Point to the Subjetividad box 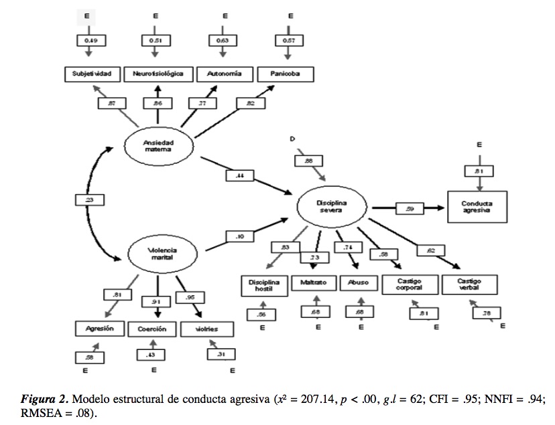coord(93,73)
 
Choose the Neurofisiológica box coord(159,73)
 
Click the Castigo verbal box coord(471,284)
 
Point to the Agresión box coord(95,329)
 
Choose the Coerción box coord(153,329)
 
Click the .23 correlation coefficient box coord(89,199)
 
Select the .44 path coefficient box coord(239,175)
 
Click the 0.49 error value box coord(90,41)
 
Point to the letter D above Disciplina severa coord(292,139)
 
